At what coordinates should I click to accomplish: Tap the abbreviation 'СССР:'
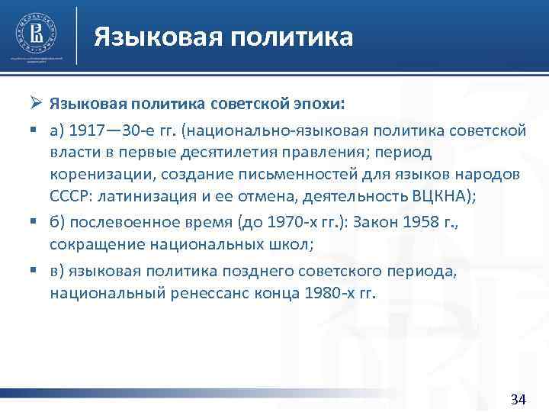(72, 195)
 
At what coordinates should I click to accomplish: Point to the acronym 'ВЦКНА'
(441, 195)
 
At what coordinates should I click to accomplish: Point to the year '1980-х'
(327, 294)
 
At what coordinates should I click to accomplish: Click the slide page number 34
(518, 399)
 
